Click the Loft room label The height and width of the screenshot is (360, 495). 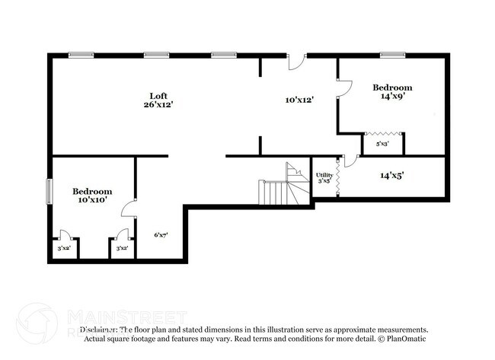pyautogui.click(x=158, y=95)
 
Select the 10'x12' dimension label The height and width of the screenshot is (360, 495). pyautogui.click(x=299, y=100)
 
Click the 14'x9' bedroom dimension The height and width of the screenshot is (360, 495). pyautogui.click(x=392, y=97)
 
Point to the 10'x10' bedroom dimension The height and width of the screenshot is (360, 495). pyautogui.click(x=92, y=199)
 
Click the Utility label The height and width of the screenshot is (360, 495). pyautogui.click(x=324, y=175)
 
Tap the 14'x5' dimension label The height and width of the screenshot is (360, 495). pyautogui.click(x=391, y=175)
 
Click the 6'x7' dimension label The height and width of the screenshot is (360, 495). pyautogui.click(x=161, y=235)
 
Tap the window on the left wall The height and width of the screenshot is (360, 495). pyautogui.click(x=50, y=191)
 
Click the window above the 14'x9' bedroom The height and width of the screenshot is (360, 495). pyautogui.click(x=392, y=55)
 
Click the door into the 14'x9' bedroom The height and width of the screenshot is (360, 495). pyautogui.click(x=343, y=89)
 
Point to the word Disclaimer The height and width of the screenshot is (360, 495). pyautogui.click(x=99, y=330)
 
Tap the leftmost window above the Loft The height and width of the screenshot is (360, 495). pyautogui.click(x=81, y=55)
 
